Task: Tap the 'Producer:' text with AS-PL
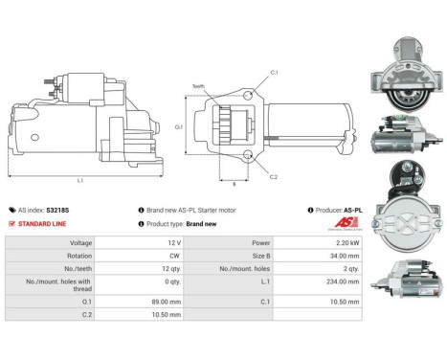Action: [x=343, y=210]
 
